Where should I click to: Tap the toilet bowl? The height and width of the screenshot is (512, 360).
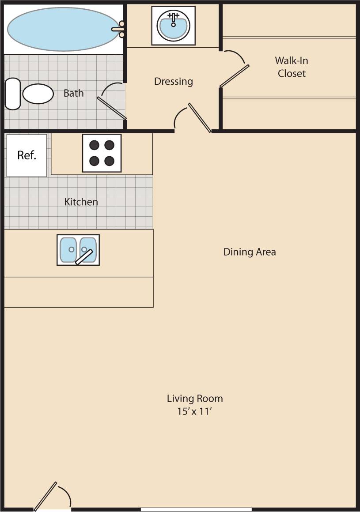coord(38,94)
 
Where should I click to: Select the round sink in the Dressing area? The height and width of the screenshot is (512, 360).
coord(174,26)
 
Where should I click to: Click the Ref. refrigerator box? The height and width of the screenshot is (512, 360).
coord(27,155)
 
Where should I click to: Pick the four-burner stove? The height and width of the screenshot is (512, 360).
coord(102,153)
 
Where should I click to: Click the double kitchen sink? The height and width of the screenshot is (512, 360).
coord(78,250)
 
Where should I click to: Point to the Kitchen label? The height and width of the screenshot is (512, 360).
coord(81,202)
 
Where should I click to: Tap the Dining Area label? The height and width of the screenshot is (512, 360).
coord(250,252)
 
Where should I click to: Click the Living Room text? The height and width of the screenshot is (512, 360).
coord(195,399)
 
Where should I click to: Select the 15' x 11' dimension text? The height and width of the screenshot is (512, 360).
coord(195,412)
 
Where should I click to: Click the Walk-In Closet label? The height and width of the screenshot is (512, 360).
coord(292,67)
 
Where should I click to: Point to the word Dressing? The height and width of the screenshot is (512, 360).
coord(174,82)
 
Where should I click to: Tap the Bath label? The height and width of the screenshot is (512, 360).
coord(73,93)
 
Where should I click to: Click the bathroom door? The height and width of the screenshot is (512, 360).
coord(112,108)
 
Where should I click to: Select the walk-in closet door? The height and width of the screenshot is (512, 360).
coord(235,76)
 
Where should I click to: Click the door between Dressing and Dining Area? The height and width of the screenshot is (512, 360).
coord(200,117)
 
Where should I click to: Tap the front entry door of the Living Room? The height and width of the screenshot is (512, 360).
coord(45,496)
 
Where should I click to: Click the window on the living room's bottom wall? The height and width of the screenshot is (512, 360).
coord(196,509)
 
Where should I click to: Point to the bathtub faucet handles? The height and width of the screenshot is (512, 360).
coord(121,29)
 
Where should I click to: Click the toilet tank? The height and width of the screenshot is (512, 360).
coord(12,94)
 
